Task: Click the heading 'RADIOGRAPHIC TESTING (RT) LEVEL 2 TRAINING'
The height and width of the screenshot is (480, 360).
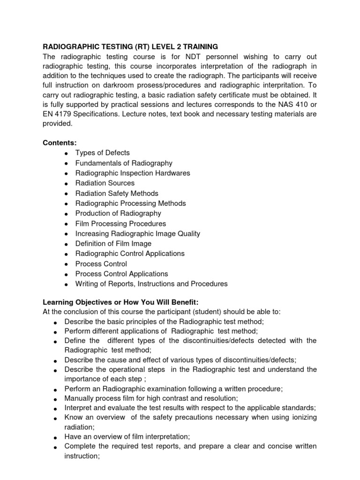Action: click(x=131, y=47)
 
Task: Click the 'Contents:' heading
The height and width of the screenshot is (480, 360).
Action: click(x=60, y=142)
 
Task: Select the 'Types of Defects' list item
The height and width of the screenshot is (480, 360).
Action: click(x=102, y=153)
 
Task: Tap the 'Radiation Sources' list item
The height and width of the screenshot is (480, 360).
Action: click(x=105, y=183)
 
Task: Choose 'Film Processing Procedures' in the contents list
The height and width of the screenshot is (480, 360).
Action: click(x=120, y=224)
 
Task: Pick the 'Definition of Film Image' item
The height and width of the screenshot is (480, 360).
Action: click(x=113, y=244)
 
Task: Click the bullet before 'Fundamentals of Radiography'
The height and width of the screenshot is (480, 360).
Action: click(x=67, y=164)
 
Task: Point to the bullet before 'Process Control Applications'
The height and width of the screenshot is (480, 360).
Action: click(x=67, y=274)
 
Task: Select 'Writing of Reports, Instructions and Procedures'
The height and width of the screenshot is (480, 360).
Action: click(x=151, y=284)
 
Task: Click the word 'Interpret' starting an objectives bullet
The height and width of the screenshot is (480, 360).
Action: click(x=78, y=408)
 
